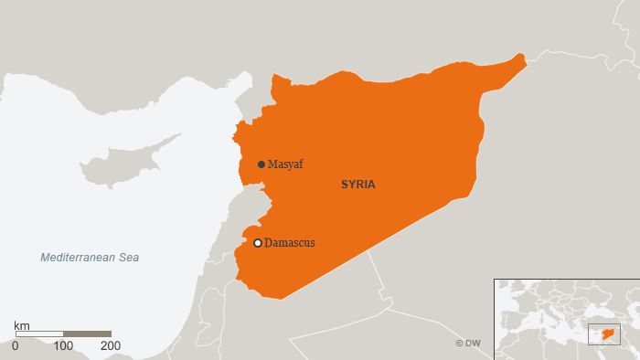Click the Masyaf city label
285,164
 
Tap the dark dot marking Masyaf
261,164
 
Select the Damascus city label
289,243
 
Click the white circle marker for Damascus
258,243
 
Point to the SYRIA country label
358,185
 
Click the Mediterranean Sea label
90,258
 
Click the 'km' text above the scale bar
23,325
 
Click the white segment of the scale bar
39,334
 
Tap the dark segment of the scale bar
87,334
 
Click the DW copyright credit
468,344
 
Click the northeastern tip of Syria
523,58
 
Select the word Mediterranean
78,258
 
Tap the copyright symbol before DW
460,344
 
